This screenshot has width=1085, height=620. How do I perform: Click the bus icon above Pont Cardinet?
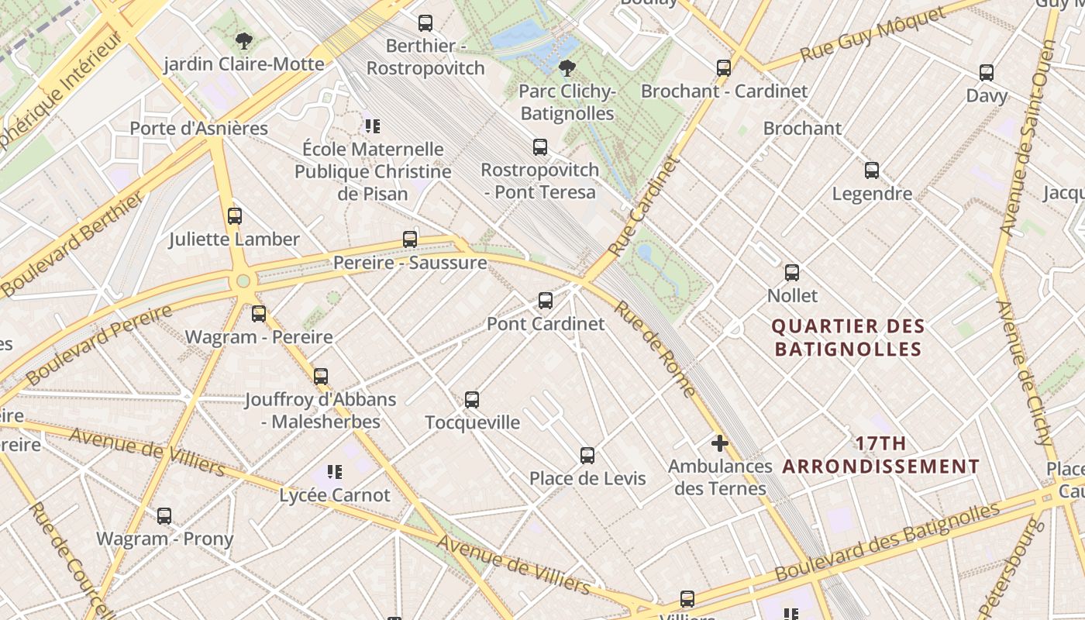coord(546,301)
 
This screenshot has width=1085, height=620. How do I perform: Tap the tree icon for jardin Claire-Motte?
coord(244,41)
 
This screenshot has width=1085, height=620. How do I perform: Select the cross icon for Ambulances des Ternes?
coord(720,443)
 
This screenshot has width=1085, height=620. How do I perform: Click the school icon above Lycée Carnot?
coord(335,472)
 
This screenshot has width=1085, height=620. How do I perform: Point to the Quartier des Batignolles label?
coord(848,338)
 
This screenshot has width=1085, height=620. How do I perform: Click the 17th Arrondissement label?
coord(881,455)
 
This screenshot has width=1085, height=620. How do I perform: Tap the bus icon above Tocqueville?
coord(472,400)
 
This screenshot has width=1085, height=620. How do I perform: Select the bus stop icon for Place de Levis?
coord(587,456)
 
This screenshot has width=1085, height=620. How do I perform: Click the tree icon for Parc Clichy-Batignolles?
coord(567,68)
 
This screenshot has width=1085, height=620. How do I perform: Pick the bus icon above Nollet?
coord(792,273)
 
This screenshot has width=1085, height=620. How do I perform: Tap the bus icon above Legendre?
coord(872,170)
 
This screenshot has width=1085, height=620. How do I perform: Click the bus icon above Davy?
coord(987,73)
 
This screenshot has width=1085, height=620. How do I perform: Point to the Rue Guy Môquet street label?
coord(873,35)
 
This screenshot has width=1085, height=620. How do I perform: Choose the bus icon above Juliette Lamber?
coord(235,216)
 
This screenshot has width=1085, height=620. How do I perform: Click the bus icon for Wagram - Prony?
coord(164,516)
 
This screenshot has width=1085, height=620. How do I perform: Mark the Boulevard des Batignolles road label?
coord(887,542)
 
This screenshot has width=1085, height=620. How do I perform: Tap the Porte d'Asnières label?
coord(198,129)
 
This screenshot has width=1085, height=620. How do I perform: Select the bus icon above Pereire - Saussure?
coord(410,239)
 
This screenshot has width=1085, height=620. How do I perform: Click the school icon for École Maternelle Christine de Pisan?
coord(373,126)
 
